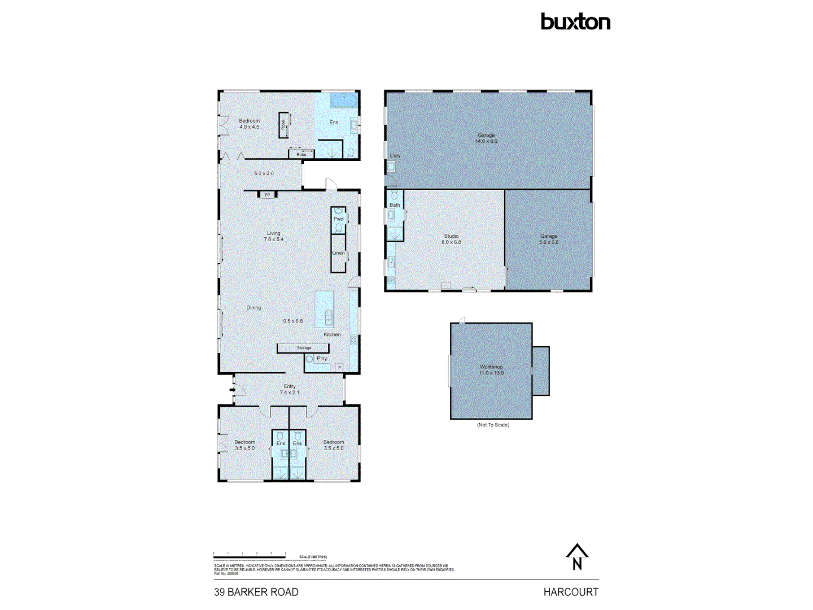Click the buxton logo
coord(575,22)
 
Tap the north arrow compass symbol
coord(577,557)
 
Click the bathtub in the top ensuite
coord(344,101)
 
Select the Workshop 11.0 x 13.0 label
coord(491,370)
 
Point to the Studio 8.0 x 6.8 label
coord(451,239)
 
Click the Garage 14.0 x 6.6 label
coord(486,138)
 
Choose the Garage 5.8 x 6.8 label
coord(548,239)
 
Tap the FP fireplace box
coord(268,195)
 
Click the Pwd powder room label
coord(338,219)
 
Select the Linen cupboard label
coord(338,252)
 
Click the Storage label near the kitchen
coord(304,348)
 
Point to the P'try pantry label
coord(322,359)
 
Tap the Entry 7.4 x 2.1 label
coord(290,389)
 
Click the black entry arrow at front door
coord(232,389)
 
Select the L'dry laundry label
coord(395,155)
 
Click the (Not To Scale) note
coord(493,425)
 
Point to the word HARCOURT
coord(571,592)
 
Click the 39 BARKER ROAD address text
coord(256,592)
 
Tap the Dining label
coord(253,308)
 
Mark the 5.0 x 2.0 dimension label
coord(264,173)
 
